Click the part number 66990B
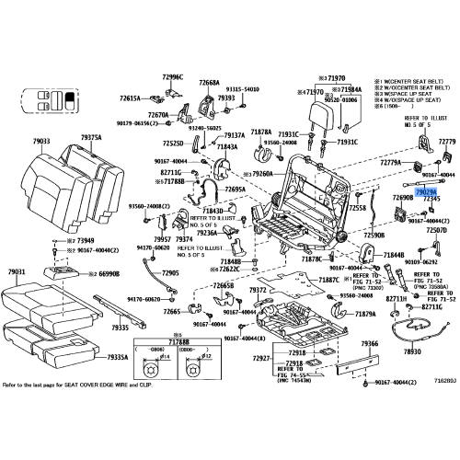[109, 273]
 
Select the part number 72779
[446, 142]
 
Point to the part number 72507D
[436, 229]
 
